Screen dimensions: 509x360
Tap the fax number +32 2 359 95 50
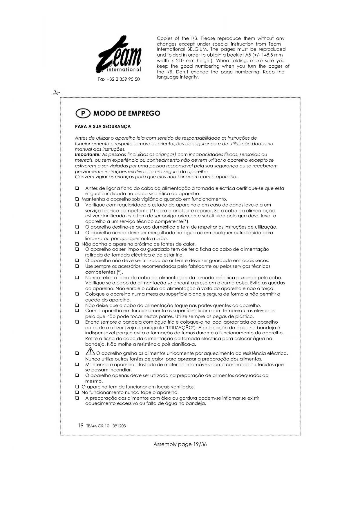pyautogui.click(x=119, y=79)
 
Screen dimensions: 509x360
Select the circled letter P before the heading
pyautogui.click(x=83, y=113)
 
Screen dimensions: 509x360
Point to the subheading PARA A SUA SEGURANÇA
pyautogui.click(x=103, y=127)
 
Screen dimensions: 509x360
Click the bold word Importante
pyautogui.click(x=88, y=155)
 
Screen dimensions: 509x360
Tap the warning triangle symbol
pyautogui.click(x=90, y=352)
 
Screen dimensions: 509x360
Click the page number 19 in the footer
pyautogui.click(x=81, y=425)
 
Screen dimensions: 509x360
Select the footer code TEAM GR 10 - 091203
pyautogui.click(x=106, y=426)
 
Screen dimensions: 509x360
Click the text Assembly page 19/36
pyautogui.click(x=180, y=444)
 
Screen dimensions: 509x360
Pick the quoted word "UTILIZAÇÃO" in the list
pyautogui.click(x=180, y=328)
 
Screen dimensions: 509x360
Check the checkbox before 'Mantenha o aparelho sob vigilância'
pyautogui.click(x=77, y=199)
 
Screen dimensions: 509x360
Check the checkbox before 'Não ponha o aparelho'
pyautogui.click(x=77, y=244)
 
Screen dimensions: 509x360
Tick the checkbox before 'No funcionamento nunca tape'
pyautogui.click(x=77, y=392)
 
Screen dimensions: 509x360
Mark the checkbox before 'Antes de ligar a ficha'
pyautogui.click(x=77, y=188)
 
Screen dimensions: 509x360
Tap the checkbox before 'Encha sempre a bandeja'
pyautogui.click(x=77, y=322)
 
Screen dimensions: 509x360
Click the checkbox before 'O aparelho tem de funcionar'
pyautogui.click(x=77, y=387)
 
